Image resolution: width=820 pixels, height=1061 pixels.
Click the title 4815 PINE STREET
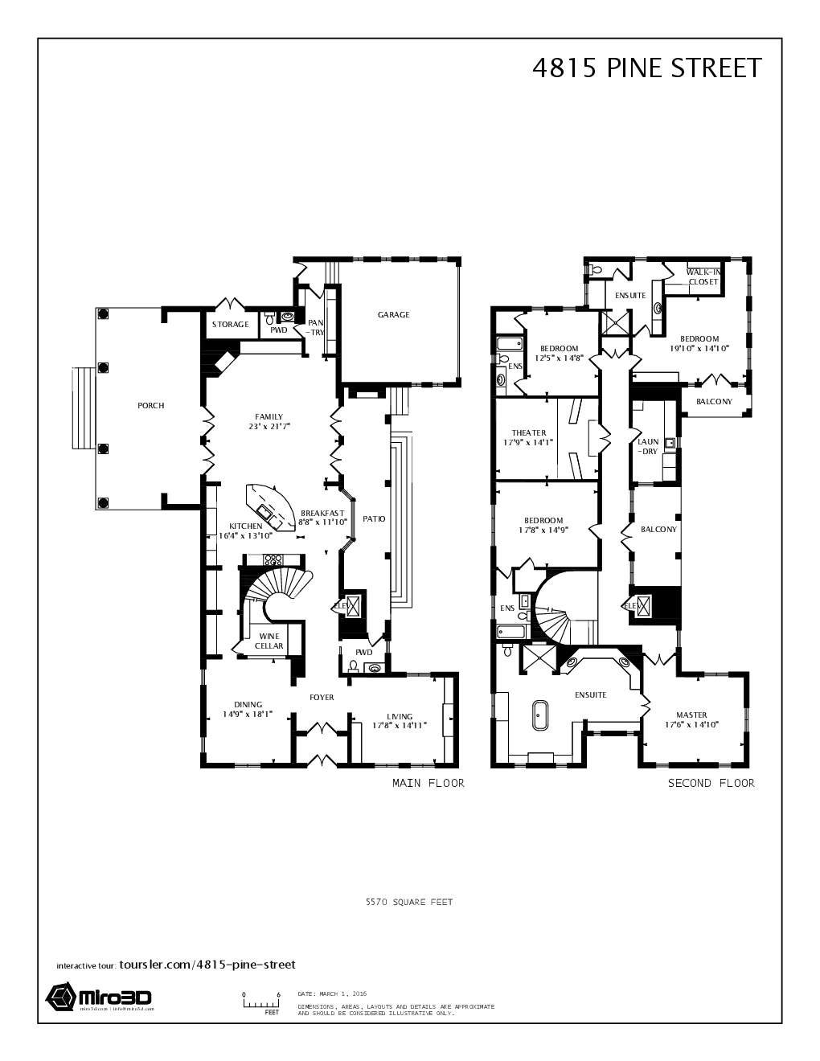click(x=646, y=68)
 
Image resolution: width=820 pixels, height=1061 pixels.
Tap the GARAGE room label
click(x=393, y=315)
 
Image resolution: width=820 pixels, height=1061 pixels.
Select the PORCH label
click(x=151, y=406)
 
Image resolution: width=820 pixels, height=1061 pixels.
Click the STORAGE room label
click(x=230, y=325)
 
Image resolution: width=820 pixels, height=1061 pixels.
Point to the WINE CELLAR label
click(x=269, y=641)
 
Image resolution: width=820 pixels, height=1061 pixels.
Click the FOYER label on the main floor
click(x=322, y=698)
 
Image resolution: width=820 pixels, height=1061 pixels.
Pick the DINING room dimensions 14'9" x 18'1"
click(x=248, y=713)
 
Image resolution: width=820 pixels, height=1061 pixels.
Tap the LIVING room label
click(x=400, y=717)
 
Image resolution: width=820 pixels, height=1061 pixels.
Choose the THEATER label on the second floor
click(x=529, y=433)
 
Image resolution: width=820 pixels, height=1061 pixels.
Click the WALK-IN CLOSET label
click(x=703, y=277)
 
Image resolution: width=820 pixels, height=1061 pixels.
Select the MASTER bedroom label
click(x=691, y=715)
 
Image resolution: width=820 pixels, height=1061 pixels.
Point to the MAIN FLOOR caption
click(x=428, y=783)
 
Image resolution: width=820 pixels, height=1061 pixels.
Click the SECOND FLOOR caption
click(x=711, y=783)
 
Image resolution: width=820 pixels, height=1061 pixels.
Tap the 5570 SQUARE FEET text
click(x=409, y=902)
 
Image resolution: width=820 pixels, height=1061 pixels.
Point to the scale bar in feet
click(x=261, y=1003)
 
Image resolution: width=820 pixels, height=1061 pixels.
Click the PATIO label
click(x=374, y=519)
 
